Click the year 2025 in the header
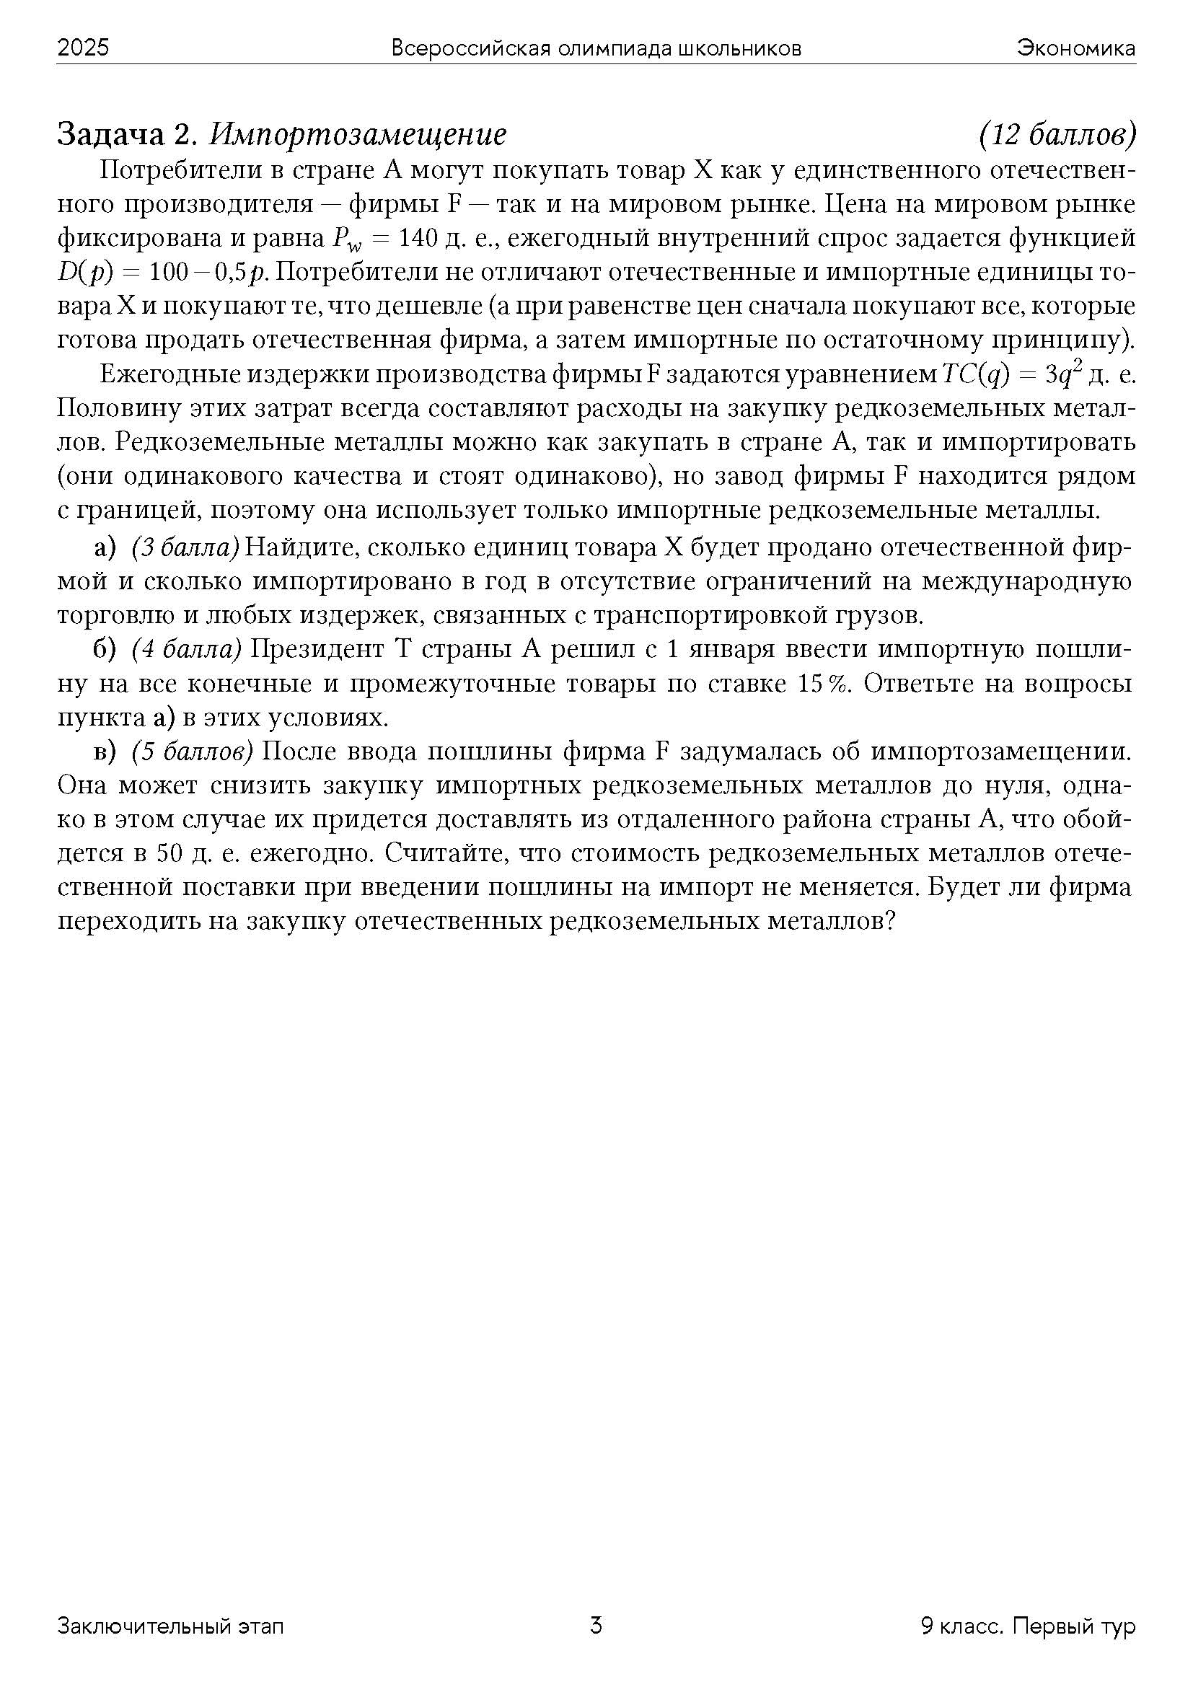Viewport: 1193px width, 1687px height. click(x=83, y=48)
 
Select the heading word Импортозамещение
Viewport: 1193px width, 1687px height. click(x=358, y=134)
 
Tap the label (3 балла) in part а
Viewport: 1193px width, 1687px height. click(x=186, y=548)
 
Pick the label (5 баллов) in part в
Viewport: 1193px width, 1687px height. click(x=193, y=752)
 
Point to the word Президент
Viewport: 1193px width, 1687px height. click(x=318, y=650)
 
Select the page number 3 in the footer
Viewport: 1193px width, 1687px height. click(x=596, y=1624)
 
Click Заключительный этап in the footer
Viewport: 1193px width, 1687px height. click(x=170, y=1626)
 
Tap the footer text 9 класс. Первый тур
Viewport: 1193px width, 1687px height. click(x=1028, y=1626)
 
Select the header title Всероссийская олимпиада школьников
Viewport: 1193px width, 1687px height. click(x=596, y=48)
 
